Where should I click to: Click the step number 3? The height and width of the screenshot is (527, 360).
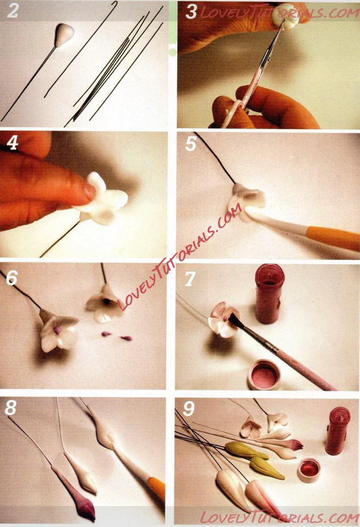tap(191, 12)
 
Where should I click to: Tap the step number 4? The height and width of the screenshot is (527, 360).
tap(12, 143)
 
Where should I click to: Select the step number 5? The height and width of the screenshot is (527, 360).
tap(190, 144)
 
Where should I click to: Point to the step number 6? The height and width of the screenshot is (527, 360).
tap(12, 277)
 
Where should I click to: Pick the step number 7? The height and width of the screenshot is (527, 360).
tap(190, 279)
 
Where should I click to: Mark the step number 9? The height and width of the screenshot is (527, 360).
tap(189, 408)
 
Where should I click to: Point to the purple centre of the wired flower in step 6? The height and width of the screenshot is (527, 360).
tap(57, 330)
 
